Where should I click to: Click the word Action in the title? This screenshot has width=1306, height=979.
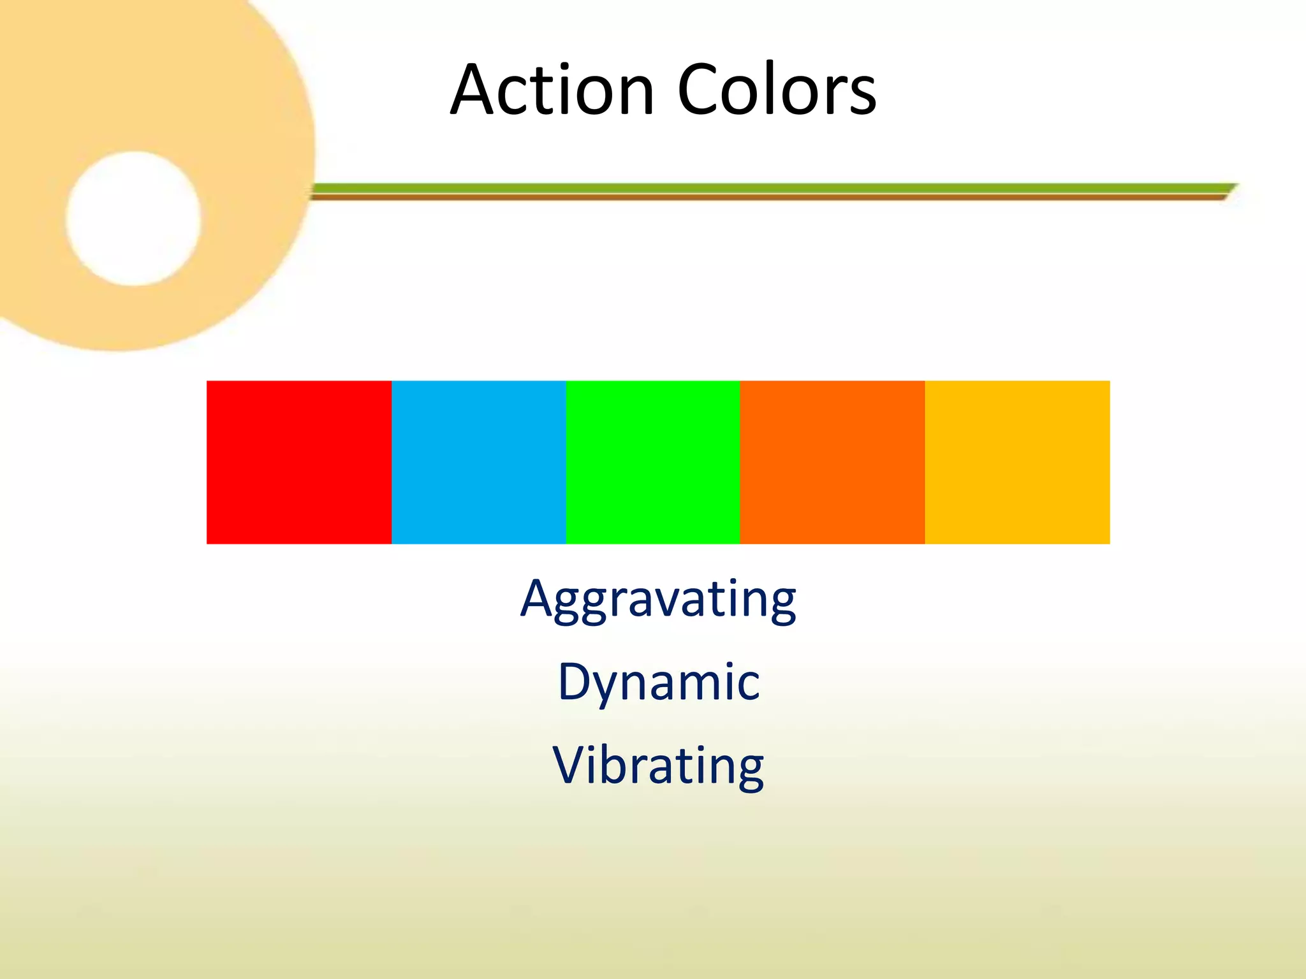(552, 91)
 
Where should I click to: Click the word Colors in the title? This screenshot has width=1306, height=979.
(776, 91)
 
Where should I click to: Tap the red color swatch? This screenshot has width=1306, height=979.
(298, 462)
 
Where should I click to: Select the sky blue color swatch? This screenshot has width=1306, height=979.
(478, 462)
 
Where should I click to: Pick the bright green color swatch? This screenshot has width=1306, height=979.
(652, 462)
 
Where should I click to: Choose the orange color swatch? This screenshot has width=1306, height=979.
(832, 462)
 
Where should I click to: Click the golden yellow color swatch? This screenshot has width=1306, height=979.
(1017, 462)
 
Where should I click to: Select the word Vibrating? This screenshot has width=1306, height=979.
(658, 765)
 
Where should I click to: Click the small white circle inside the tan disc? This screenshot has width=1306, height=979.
(133, 219)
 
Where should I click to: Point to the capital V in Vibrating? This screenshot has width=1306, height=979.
(570, 764)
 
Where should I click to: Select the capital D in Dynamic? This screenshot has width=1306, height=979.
(575, 681)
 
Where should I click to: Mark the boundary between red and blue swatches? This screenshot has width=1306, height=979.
(392, 462)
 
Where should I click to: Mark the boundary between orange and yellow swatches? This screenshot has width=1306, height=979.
(925, 462)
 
